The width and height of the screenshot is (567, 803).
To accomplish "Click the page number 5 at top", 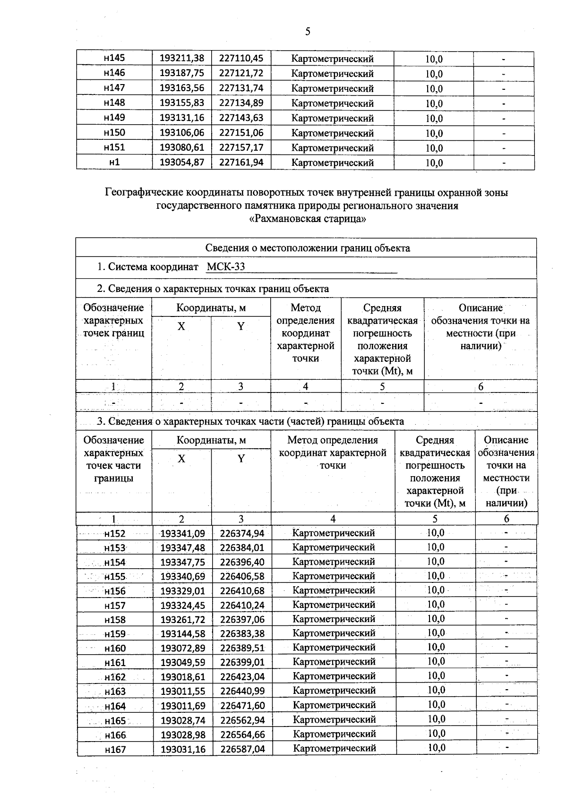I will coord(308,32).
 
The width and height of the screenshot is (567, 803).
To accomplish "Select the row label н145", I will coord(114,58).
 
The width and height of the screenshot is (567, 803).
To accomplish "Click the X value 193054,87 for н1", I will coord(182,162).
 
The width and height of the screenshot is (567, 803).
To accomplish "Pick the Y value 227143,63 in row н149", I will coord(241,118).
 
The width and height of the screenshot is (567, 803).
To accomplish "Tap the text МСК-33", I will coord(226,267).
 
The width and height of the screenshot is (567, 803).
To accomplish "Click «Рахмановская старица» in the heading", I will coord(308,219).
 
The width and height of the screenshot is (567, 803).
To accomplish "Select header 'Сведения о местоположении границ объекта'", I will coord(308,248).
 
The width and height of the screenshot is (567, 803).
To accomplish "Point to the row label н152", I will coord(115,533).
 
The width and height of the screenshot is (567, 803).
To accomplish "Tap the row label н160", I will coord(115,648).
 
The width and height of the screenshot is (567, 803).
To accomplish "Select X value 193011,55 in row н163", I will coord(183,691).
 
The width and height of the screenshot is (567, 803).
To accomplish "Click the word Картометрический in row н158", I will coord(334,619).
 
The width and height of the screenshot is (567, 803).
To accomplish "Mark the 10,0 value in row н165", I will coord(436,719).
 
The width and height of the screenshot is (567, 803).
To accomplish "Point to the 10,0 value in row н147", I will coord(434,88).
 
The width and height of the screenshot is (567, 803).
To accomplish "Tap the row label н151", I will coord(114,147).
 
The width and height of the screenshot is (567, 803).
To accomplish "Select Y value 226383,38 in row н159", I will coord(242,633).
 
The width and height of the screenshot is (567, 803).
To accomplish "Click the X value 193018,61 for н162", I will coord(183,676).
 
